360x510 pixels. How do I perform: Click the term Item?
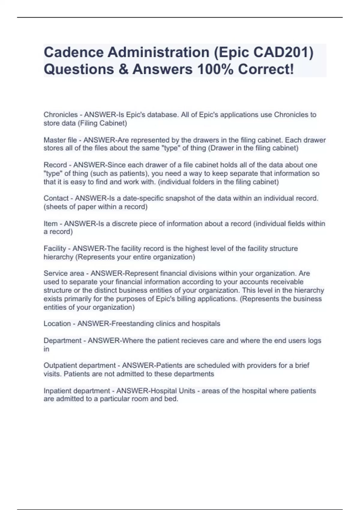pos(50,223)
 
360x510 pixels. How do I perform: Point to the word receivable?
pos(287,282)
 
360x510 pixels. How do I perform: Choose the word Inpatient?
pos(57,391)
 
